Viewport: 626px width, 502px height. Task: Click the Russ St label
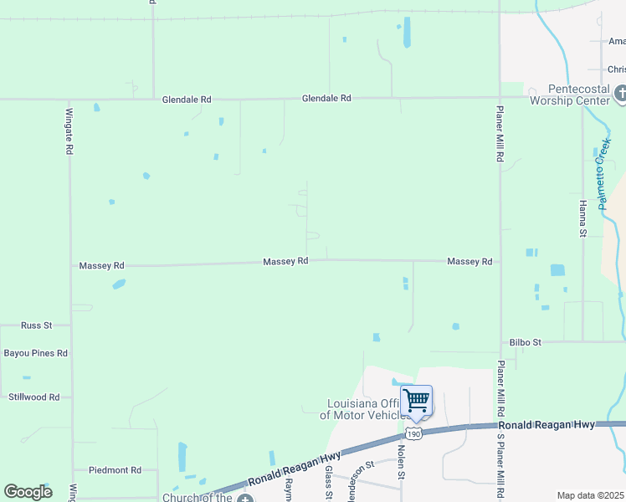(x=37, y=325)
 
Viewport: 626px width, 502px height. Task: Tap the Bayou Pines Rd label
(x=36, y=353)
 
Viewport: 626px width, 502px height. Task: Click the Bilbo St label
(x=526, y=342)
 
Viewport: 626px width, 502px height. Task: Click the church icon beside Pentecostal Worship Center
(x=619, y=94)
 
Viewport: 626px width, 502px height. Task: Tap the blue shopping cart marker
(x=416, y=401)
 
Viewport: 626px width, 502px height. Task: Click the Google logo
(x=28, y=492)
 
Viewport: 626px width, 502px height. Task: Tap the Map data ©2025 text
(x=590, y=495)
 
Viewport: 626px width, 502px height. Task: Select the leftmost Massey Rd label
(x=101, y=266)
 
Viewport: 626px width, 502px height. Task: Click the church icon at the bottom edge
(x=244, y=499)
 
